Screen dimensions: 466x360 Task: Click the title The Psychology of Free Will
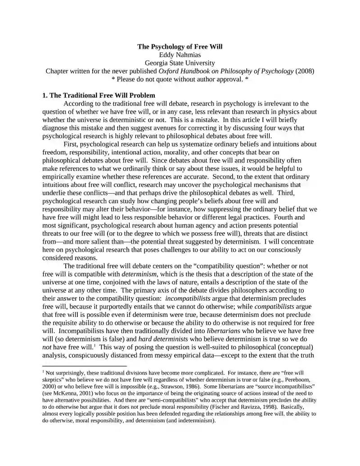pos(180,46)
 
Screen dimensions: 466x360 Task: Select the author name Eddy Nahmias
pos(180,55)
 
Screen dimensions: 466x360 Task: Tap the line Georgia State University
pos(180,63)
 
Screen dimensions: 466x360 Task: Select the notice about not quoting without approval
pos(180,79)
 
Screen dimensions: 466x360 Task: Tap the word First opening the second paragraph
pos(72,144)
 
